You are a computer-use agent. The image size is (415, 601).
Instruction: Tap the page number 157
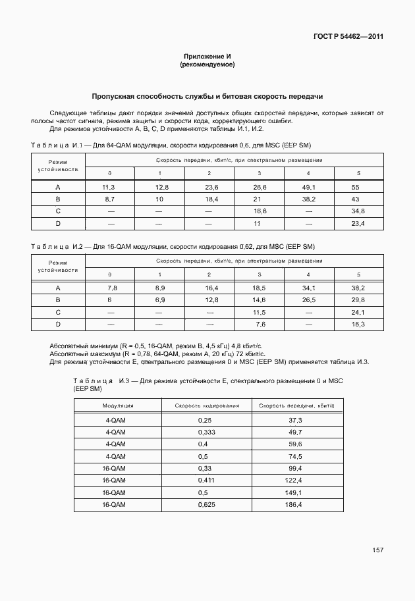pos(377,550)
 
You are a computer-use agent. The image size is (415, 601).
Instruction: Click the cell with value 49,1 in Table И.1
pos(309,187)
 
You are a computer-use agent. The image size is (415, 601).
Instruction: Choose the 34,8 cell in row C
pos(358,211)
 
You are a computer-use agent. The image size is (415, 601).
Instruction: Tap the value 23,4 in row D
pos(358,224)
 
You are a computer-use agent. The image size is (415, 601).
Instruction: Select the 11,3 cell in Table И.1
pos(110,187)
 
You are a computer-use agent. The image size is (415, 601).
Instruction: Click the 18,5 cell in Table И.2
pos(259,288)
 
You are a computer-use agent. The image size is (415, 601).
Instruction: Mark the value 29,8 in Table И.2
pos(358,300)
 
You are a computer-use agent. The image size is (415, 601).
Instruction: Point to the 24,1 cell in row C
pos(358,312)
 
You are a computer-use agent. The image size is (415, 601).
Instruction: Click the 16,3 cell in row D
pos(358,325)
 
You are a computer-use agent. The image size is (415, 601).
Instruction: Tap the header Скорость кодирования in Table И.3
pos(207,405)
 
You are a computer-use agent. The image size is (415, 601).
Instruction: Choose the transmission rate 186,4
pos(294,505)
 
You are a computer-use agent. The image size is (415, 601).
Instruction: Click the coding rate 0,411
pos(207,481)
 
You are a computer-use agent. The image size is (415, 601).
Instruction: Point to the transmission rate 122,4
pos(294,481)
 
